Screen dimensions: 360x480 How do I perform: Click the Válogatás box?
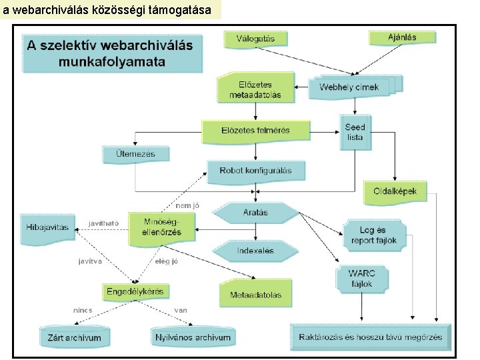[255, 39]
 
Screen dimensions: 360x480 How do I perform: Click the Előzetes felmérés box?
[256, 131]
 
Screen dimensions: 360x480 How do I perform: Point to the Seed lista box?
[355, 132]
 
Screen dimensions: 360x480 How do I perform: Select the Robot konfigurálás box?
[255, 171]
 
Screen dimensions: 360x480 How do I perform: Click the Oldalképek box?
[395, 192]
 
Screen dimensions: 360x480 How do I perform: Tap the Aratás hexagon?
[255, 213]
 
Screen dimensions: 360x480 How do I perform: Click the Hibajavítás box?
[47, 227]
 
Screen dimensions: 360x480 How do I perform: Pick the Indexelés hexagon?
[255, 251]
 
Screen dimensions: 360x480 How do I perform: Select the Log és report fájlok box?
[373, 235]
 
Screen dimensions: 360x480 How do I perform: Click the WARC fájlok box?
[361, 279]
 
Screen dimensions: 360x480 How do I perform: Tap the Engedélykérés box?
[135, 292]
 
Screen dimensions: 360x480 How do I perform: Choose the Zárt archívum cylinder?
[74, 337]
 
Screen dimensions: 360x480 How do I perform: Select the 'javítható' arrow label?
[103, 223]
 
